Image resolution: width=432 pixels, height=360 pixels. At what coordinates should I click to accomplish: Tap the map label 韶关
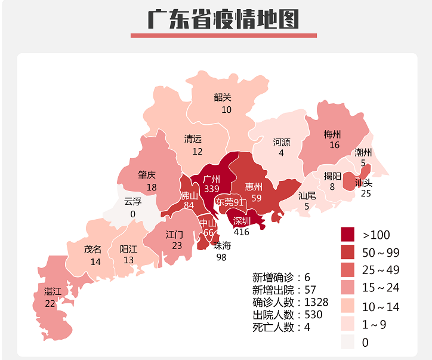click(223, 97)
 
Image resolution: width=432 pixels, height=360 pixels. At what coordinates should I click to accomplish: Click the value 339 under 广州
click(212, 189)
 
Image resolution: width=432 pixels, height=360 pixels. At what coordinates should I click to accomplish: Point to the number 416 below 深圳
click(242, 232)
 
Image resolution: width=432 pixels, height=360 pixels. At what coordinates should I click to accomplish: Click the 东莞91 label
click(230, 202)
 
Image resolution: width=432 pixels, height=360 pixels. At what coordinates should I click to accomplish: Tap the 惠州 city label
click(254, 187)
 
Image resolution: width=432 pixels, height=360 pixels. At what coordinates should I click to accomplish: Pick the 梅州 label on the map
click(332, 134)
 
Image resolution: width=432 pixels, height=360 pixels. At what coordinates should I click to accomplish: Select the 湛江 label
click(53, 291)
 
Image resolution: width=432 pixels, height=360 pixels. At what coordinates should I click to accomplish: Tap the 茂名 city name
click(92, 250)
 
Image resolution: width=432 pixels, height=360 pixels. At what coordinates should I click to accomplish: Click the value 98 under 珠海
click(222, 257)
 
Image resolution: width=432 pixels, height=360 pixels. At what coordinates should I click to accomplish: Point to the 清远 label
click(193, 139)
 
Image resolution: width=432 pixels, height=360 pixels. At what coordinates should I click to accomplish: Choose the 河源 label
click(282, 142)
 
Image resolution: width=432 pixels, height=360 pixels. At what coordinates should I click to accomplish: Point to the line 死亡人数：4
click(281, 327)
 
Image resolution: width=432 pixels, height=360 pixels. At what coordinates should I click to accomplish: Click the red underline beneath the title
click(223, 35)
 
